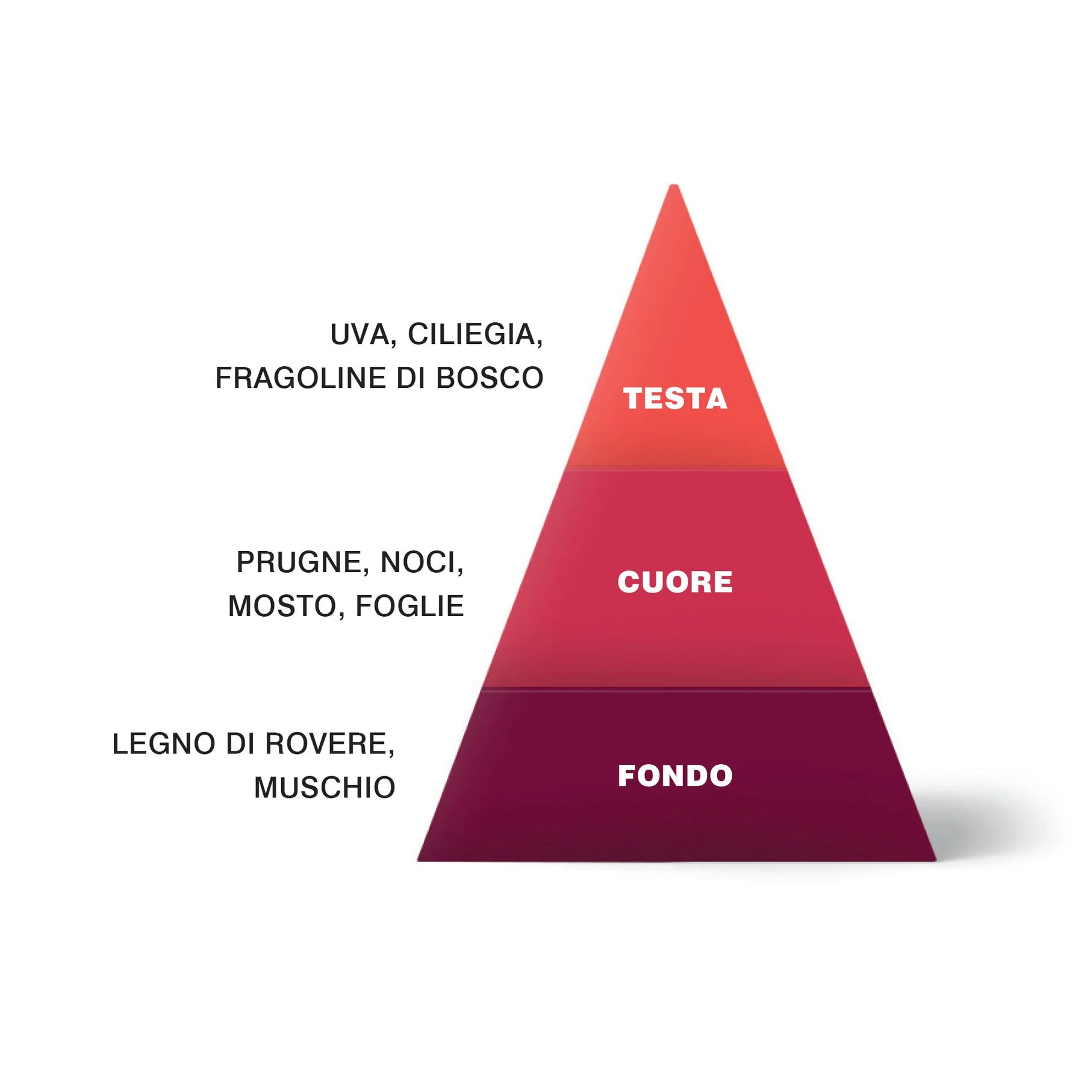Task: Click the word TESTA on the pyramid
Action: point(675,399)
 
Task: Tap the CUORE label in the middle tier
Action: point(675,582)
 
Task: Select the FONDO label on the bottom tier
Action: point(675,776)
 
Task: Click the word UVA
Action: point(360,334)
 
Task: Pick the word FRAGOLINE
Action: point(301,378)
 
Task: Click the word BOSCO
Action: point(490,378)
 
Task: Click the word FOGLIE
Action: point(410,606)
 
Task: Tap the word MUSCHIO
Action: point(325,788)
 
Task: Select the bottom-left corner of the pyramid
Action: point(417,861)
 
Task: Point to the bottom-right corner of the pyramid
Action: point(936,861)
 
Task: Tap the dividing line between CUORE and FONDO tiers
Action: point(676,688)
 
